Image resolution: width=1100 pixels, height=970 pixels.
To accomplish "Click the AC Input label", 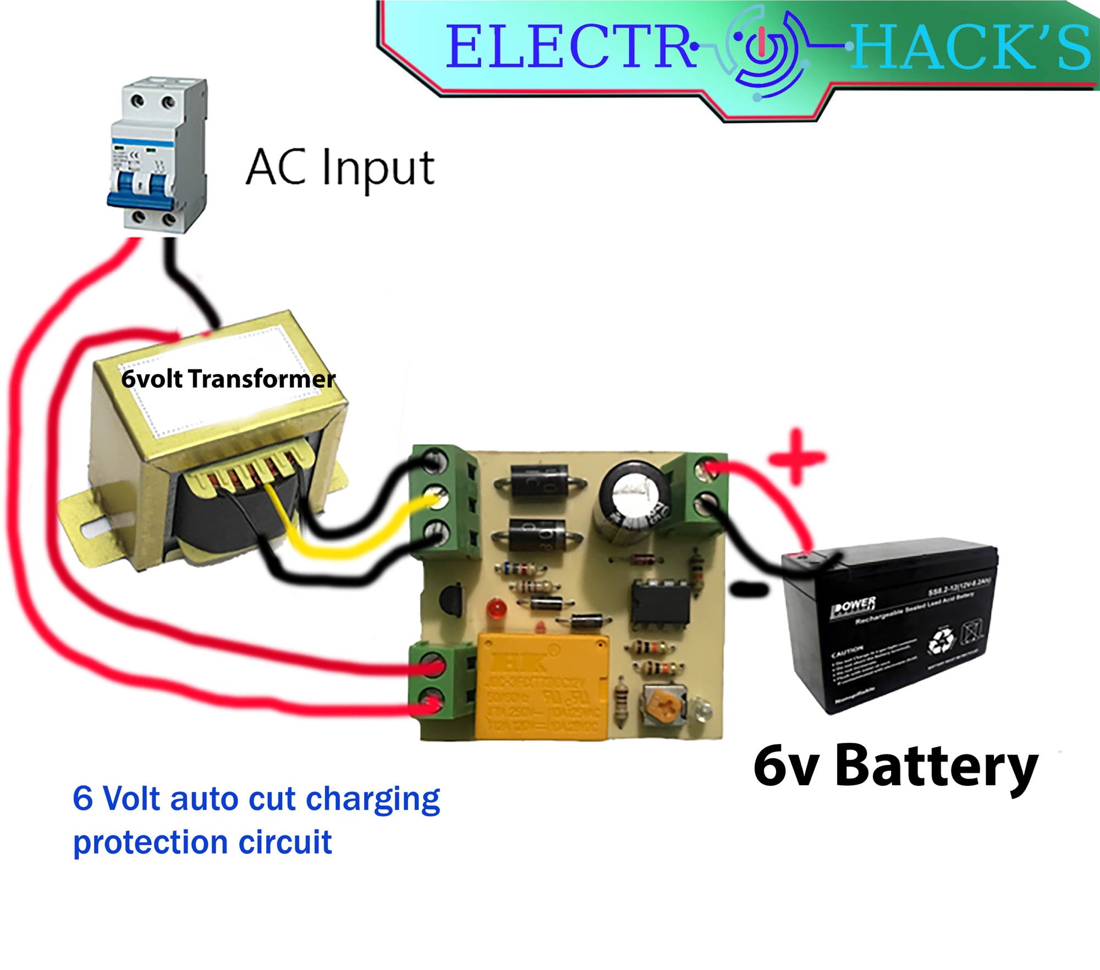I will [340, 168].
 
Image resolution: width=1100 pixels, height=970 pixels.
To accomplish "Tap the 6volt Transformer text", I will [228, 379].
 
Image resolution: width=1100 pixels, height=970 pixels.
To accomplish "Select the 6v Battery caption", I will [895, 766].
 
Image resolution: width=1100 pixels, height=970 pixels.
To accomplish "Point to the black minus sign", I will [749, 590].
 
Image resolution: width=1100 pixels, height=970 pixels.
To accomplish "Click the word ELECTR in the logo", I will [569, 47].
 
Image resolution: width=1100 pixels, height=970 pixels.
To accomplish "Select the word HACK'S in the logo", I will [971, 48].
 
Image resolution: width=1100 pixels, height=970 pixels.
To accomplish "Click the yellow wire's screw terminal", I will [437, 499].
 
